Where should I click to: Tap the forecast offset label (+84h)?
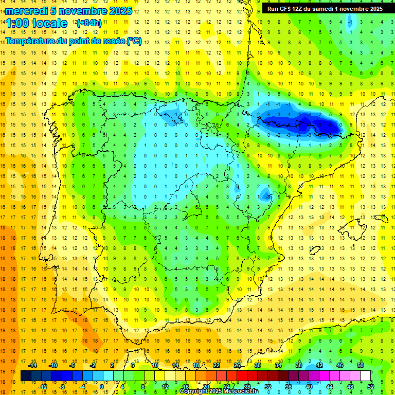(x=89, y=23)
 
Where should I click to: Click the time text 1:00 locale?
(x=37, y=23)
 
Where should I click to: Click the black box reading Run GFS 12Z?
(x=325, y=9)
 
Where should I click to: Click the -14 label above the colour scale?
(x=32, y=365)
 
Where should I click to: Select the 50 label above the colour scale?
(x=360, y=365)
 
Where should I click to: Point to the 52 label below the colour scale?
(x=370, y=386)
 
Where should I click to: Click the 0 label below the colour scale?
(x=102, y=386)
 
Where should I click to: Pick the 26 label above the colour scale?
(x=237, y=365)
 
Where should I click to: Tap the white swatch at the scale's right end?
(x=365, y=375)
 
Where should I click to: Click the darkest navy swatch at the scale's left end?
(x=26, y=375)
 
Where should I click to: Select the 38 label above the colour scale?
(x=298, y=365)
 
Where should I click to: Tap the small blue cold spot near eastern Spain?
(x=265, y=194)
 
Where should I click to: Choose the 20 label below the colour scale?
(x=206, y=386)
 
